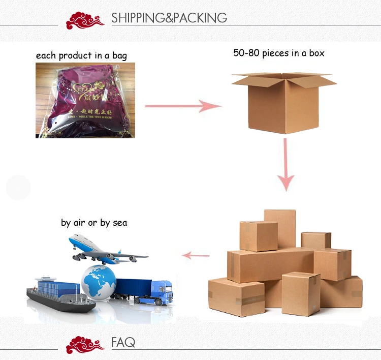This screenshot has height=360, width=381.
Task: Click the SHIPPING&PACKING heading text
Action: [x=169, y=18]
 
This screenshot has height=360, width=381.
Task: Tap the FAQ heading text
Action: [x=123, y=342]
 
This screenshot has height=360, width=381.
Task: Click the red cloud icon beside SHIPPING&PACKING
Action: [x=85, y=20]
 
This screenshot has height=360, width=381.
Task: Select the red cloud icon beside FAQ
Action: [x=85, y=344]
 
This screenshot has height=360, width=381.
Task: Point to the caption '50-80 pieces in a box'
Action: [x=278, y=53]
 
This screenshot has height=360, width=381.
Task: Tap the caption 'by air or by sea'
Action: [x=94, y=223]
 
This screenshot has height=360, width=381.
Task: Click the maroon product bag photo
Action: [x=85, y=100]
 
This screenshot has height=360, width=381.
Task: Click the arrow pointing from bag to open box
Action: [x=183, y=106]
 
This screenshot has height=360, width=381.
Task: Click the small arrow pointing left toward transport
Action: [x=196, y=255]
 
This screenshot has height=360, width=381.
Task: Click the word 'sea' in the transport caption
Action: [x=120, y=223]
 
